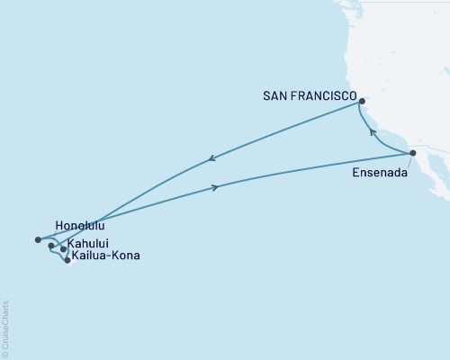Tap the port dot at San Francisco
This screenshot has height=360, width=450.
tap(362, 102)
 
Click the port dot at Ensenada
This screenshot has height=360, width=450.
tap(413, 153)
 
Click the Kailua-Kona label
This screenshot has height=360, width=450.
tap(106, 256)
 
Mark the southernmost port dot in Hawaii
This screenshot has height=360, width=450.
tap(67, 260)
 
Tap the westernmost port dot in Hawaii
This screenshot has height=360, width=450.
tap(38, 239)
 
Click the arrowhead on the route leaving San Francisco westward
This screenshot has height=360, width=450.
tap(211, 159)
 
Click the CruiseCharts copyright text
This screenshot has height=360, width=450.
tap(5, 328)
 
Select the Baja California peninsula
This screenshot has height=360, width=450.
tap(430, 176)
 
